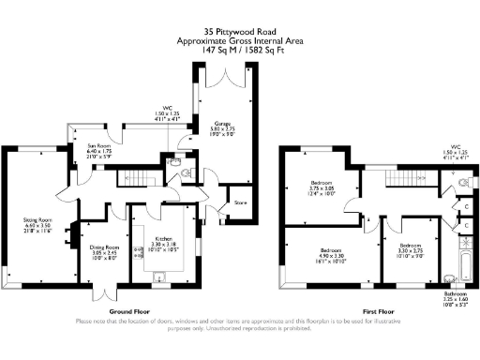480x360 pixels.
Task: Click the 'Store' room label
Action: point(239,202)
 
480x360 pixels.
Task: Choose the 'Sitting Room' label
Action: point(37,221)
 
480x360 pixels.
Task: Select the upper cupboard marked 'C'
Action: point(466,205)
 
